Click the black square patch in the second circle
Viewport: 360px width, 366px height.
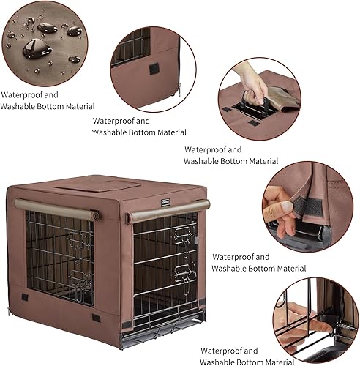coord(154,69)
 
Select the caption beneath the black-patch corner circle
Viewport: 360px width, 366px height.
coord(139,126)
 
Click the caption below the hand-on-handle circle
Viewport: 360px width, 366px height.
coord(230,154)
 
